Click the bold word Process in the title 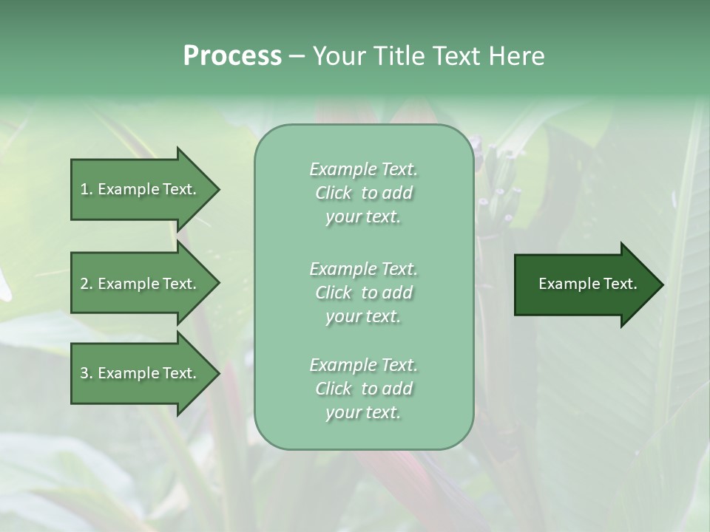(x=232, y=56)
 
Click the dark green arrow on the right (x=587, y=284)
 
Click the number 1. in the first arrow (x=87, y=189)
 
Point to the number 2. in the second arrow (x=87, y=284)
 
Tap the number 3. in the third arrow (x=87, y=373)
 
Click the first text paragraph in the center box (x=363, y=193)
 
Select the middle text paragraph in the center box (x=363, y=293)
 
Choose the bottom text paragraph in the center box (x=363, y=389)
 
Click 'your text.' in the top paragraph (x=363, y=217)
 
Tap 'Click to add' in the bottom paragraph (x=363, y=389)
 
